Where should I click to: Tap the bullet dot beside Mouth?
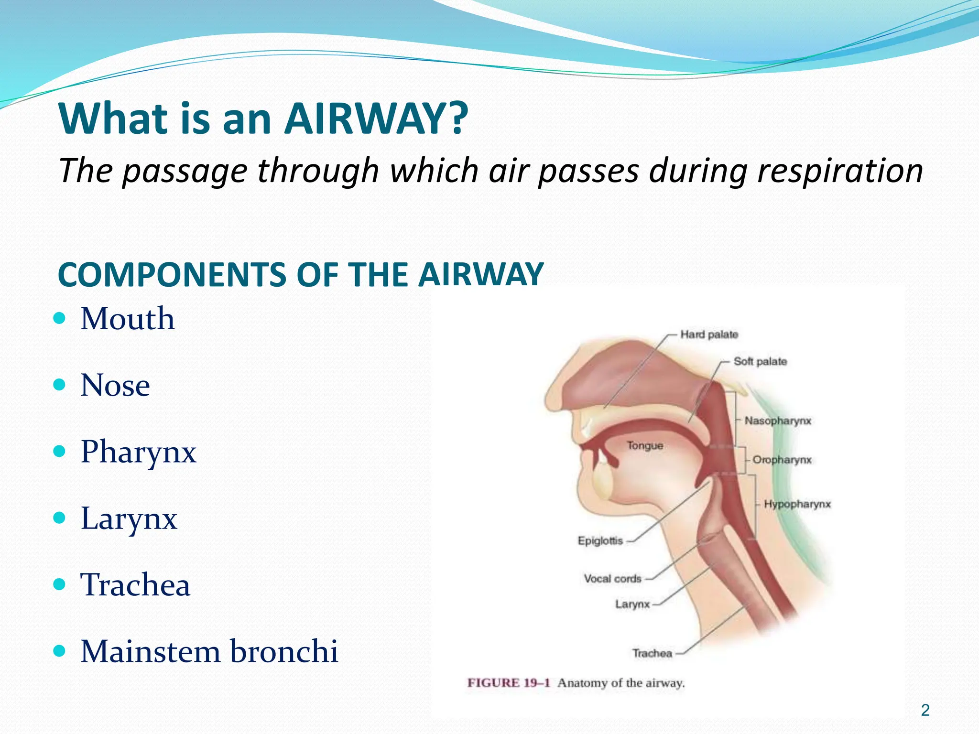click(x=59, y=318)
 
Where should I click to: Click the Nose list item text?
click(x=115, y=385)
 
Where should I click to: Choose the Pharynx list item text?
click(x=138, y=452)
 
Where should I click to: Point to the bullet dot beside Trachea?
click(x=59, y=584)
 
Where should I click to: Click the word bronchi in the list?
click(x=284, y=651)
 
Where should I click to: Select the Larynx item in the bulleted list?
click(x=129, y=518)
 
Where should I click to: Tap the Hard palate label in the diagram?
click(x=709, y=335)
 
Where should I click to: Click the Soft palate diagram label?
click(x=760, y=361)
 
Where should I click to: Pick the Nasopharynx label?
click(x=778, y=421)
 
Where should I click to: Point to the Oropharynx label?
click(x=782, y=460)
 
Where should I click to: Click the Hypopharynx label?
click(x=797, y=504)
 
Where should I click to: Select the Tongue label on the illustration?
click(x=645, y=445)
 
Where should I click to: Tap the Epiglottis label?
click(x=600, y=540)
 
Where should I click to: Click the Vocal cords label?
click(x=612, y=579)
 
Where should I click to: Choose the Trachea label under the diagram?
click(x=652, y=653)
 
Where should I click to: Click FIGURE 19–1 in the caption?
click(x=508, y=683)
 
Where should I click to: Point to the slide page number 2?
click(x=925, y=710)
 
